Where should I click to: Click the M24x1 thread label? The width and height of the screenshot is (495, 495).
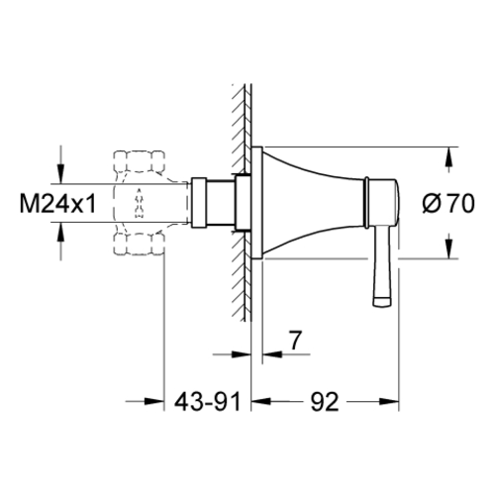coord(58,203)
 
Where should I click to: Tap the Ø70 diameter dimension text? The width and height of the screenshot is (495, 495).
coord(448,203)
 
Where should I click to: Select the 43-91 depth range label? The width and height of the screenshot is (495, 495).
coord(208,402)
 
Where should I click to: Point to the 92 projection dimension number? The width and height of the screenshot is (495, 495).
coord(325,402)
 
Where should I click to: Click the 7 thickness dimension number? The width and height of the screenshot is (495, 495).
coord(295,341)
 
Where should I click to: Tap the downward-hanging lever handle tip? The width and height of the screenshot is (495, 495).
coord(382,301)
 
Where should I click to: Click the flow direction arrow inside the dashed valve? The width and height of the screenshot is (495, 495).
coord(140,203)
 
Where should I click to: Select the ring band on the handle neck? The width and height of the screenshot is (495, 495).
coord(366,202)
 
